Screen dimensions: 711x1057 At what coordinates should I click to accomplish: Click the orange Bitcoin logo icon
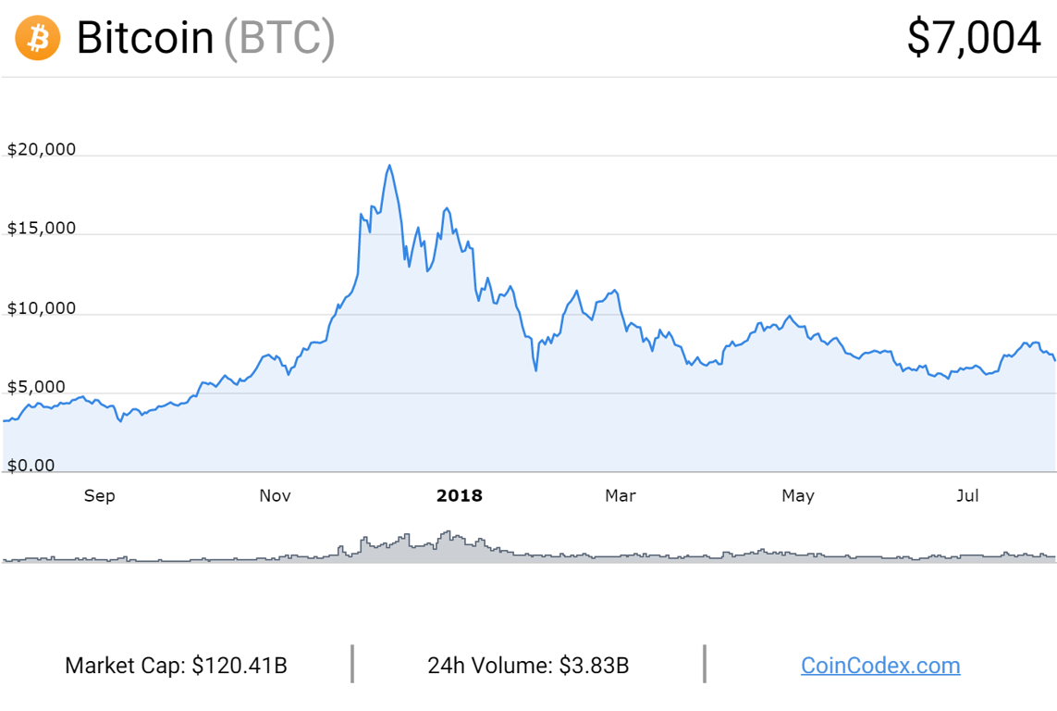pyautogui.click(x=38, y=39)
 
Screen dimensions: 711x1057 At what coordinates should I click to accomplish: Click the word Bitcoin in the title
pyautogui.click(x=145, y=39)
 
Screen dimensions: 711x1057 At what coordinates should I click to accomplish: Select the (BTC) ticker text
pyautogui.click(x=279, y=39)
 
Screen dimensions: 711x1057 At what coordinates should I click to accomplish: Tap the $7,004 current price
pyautogui.click(x=974, y=39)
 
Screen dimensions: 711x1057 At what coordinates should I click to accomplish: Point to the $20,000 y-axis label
pyautogui.click(x=42, y=150)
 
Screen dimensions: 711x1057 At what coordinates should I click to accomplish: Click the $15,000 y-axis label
pyautogui.click(x=42, y=229)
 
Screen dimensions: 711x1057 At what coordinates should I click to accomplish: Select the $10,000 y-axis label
pyautogui.click(x=42, y=308)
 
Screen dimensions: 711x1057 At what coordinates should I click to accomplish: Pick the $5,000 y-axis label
pyautogui.click(x=38, y=387)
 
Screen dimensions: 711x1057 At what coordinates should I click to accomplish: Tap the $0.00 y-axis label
pyautogui.click(x=31, y=466)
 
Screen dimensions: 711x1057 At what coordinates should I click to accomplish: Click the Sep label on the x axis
pyautogui.click(x=99, y=496)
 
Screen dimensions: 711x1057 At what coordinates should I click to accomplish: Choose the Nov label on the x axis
pyautogui.click(x=275, y=496)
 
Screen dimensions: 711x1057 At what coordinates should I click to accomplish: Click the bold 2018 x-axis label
pyautogui.click(x=460, y=496)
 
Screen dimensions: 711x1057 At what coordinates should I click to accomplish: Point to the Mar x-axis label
pyautogui.click(x=620, y=496)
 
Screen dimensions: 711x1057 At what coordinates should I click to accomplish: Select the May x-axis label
pyautogui.click(x=798, y=496)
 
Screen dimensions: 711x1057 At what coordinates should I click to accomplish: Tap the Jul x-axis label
pyautogui.click(x=967, y=496)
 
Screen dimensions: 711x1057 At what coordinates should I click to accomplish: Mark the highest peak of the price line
pyautogui.click(x=389, y=166)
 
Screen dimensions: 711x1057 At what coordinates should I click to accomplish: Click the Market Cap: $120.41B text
pyautogui.click(x=176, y=665)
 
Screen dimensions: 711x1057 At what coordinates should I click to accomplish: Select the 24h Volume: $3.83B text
pyautogui.click(x=528, y=665)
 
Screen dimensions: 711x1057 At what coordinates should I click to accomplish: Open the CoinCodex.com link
pyautogui.click(x=880, y=665)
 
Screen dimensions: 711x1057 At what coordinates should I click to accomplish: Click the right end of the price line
pyautogui.click(x=1055, y=360)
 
